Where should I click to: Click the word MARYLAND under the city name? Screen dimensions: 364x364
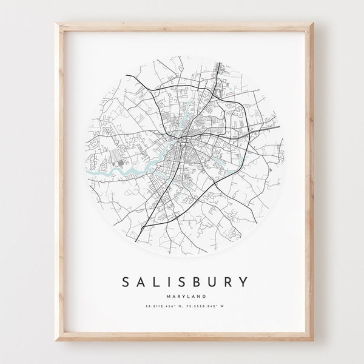coord(182,279)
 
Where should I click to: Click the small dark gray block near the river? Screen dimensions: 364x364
coord(121,162)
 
